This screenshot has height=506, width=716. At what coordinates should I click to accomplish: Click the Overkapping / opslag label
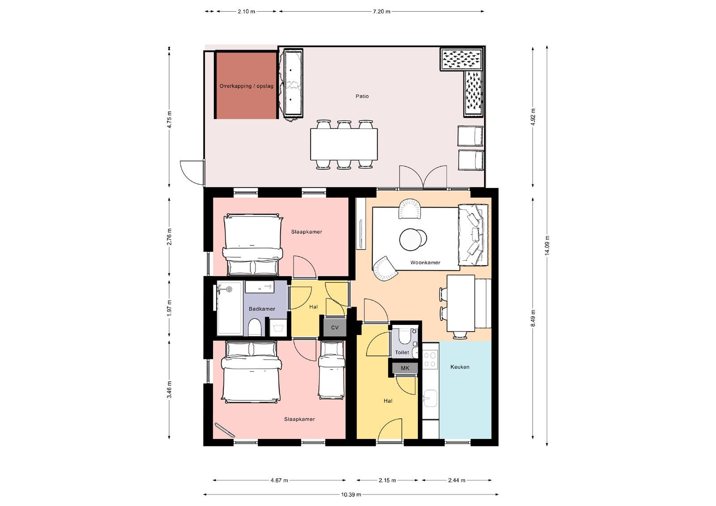coord(246,86)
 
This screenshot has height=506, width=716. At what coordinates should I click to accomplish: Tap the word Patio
coord(362,96)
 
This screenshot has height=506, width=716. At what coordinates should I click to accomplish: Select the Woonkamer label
coord(425,263)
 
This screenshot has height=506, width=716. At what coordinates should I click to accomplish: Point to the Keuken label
coord(460,367)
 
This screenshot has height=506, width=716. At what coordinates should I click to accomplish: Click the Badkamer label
coord(262,309)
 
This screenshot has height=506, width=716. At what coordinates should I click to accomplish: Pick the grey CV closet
coord(335,327)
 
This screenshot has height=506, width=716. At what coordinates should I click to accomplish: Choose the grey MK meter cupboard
coord(405,368)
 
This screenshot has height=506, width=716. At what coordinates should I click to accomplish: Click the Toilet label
coord(402,352)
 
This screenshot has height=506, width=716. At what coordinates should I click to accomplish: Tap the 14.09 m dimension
coord(547,245)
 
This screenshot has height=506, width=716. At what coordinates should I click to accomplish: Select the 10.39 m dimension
coord(351,494)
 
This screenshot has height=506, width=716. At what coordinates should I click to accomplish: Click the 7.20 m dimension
coord(381,12)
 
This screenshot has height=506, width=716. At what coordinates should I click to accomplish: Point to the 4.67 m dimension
coord(279,480)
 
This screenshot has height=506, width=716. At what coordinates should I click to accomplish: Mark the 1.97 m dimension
coord(169,308)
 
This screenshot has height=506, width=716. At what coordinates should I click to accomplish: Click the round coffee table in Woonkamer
coord(413,239)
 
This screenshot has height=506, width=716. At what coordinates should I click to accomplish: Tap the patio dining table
coord(344,144)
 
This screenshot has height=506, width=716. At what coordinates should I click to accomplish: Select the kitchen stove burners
coord(430,359)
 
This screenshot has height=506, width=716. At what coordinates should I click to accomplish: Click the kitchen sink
coord(430,398)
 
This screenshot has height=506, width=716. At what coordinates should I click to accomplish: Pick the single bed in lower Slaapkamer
coord(332,370)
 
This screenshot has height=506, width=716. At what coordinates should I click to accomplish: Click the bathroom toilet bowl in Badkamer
coord(255,327)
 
